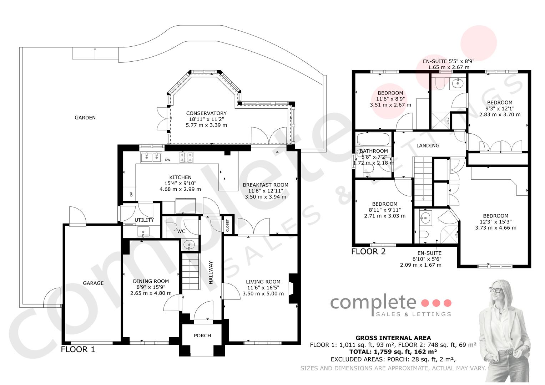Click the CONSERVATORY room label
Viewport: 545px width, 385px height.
click(206, 113)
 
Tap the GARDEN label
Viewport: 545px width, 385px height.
click(85, 118)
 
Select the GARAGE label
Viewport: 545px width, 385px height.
click(93, 283)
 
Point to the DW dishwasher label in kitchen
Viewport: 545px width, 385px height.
click(168, 160)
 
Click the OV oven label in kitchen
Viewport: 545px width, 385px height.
click(131, 194)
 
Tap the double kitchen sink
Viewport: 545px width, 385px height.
click(151, 157)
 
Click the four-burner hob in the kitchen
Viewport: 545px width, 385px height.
click(186, 157)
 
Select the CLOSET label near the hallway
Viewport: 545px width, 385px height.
click(228, 226)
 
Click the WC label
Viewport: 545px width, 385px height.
click(181, 231)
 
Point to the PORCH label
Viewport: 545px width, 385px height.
click(202, 335)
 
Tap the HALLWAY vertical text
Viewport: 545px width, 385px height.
click(211, 272)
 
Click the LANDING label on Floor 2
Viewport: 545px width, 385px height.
click(428, 145)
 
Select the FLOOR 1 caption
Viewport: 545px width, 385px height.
click(78, 349)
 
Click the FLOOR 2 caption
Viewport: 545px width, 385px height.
click(369, 252)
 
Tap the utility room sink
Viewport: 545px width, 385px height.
click(143, 232)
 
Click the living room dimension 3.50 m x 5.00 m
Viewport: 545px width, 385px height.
click(263, 294)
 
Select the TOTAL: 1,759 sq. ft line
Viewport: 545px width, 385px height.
click(393, 352)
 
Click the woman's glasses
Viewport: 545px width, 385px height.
click(495, 290)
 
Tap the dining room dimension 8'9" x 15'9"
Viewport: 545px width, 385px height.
click(151, 287)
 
